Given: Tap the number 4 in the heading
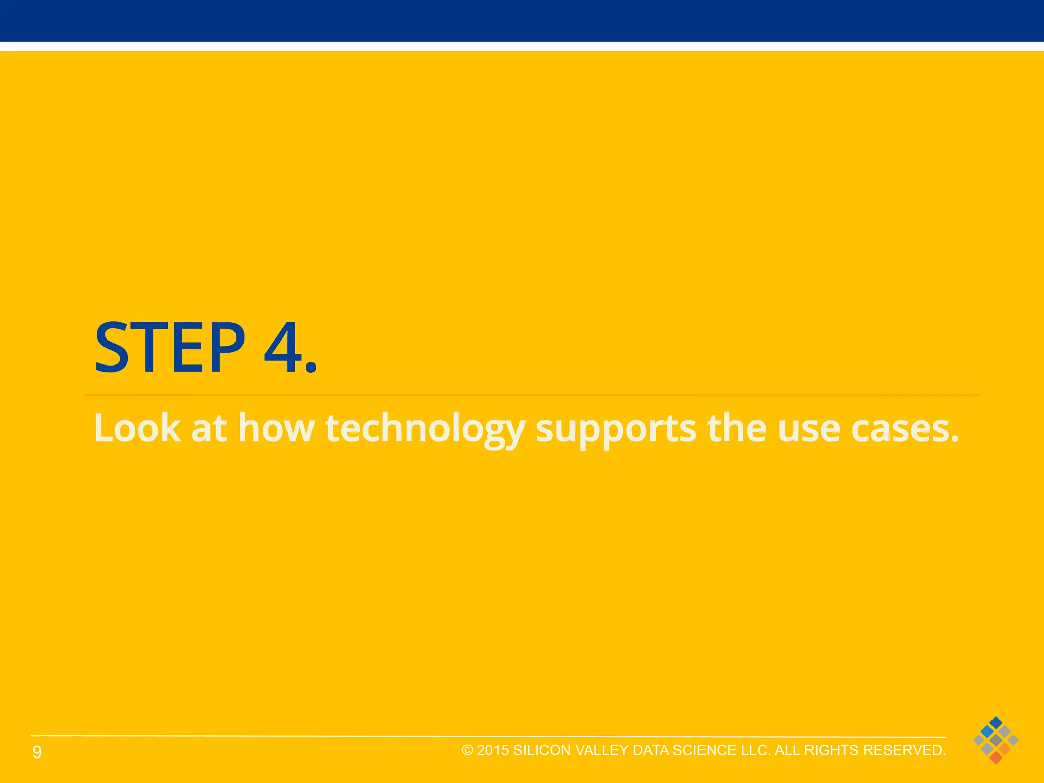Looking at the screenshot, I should pyautogui.click(x=283, y=348).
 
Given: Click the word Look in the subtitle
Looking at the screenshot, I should pyautogui.click(x=137, y=428).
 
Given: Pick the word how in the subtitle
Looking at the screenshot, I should pyautogui.click(x=276, y=428).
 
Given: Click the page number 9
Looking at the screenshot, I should pyautogui.click(x=37, y=752).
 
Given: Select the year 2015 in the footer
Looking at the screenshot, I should pyautogui.click(x=493, y=750).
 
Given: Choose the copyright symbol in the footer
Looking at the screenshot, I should pyautogui.click(x=467, y=750).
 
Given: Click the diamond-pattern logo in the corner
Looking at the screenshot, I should pyautogui.click(x=996, y=740).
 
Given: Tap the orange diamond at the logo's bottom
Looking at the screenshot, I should pyautogui.click(x=996, y=758).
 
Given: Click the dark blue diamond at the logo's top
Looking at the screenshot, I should pyautogui.click(x=996, y=722).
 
